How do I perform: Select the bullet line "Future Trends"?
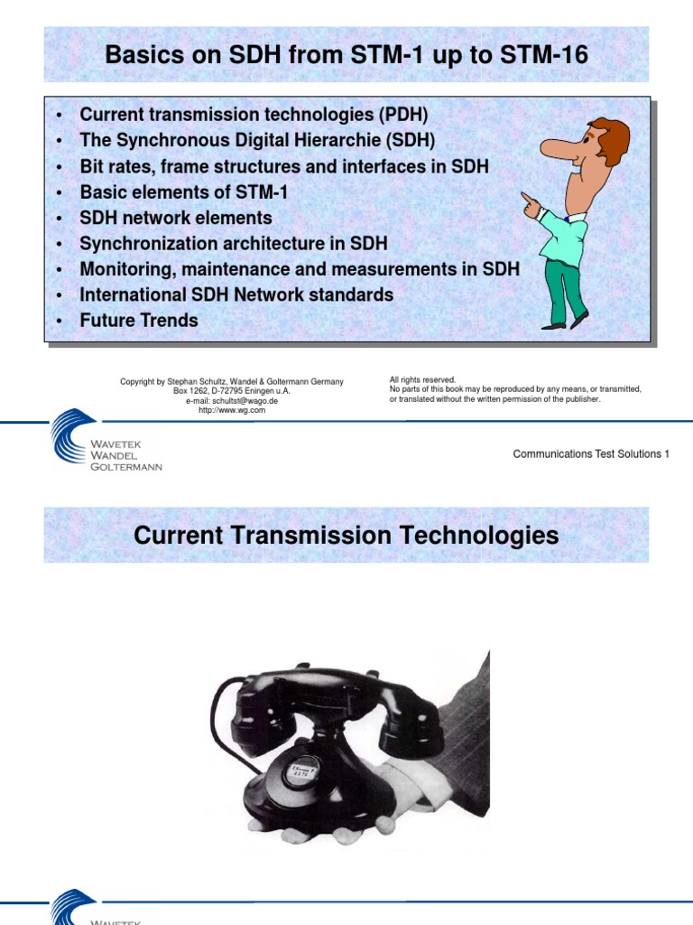139,320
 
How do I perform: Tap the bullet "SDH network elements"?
176,218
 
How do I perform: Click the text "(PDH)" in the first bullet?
406,116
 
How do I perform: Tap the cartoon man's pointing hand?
531,206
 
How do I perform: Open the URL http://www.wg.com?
232,410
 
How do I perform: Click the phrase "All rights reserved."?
423,380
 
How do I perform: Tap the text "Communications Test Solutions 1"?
591,454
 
